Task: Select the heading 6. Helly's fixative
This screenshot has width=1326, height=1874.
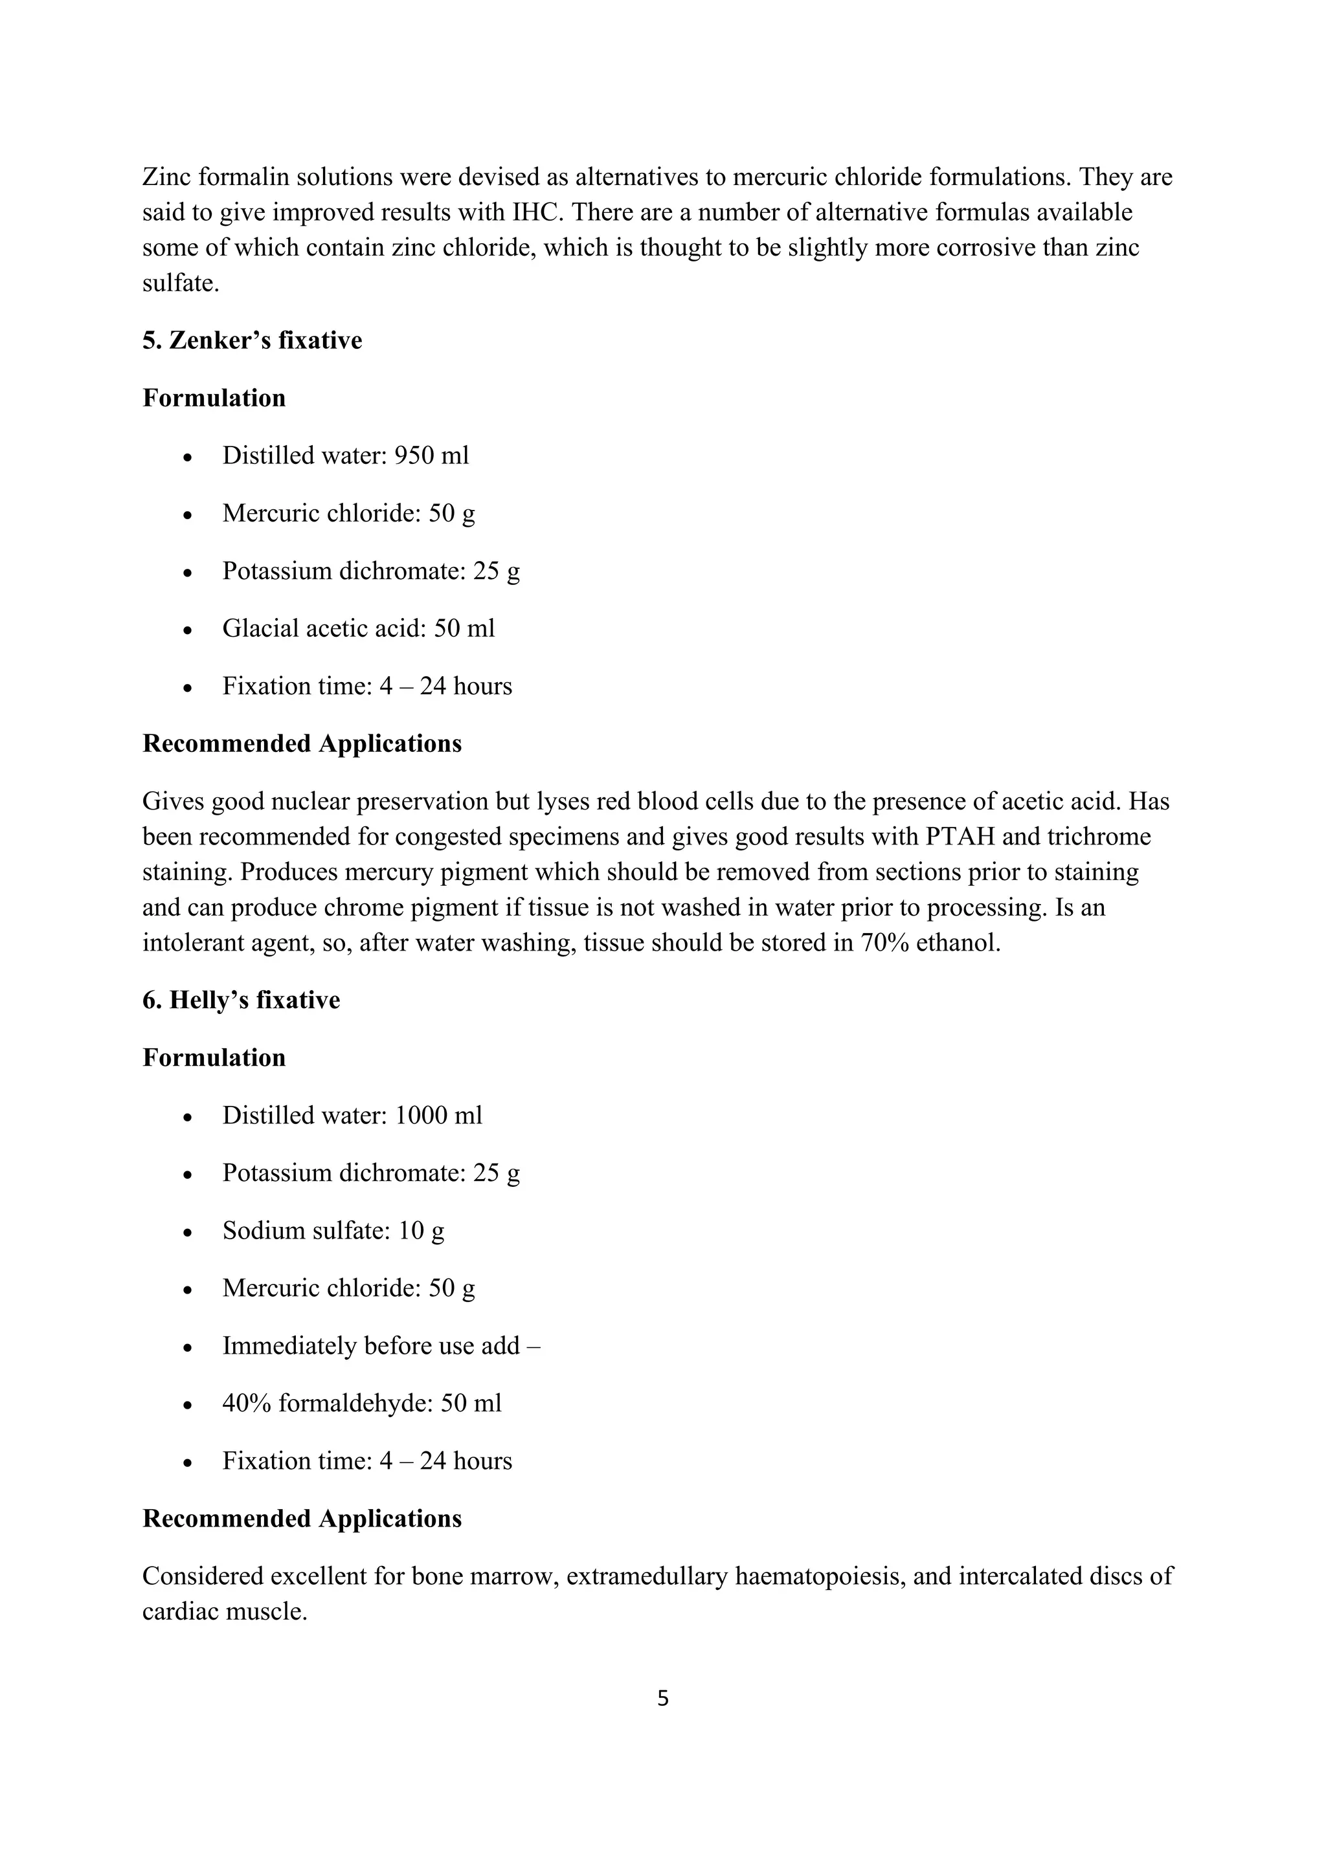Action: pyautogui.click(x=241, y=1000)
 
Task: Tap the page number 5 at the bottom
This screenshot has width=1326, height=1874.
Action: pyautogui.click(x=662, y=1699)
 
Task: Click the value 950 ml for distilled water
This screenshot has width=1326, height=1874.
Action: pyautogui.click(x=431, y=456)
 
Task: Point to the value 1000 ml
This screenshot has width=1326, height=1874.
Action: pyautogui.click(x=438, y=1115)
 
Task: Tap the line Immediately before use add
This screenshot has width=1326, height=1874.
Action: pyautogui.click(x=381, y=1345)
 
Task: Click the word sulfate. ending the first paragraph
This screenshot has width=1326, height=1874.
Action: pyautogui.click(x=181, y=283)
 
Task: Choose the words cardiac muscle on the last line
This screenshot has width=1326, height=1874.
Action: pyautogui.click(x=224, y=1612)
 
